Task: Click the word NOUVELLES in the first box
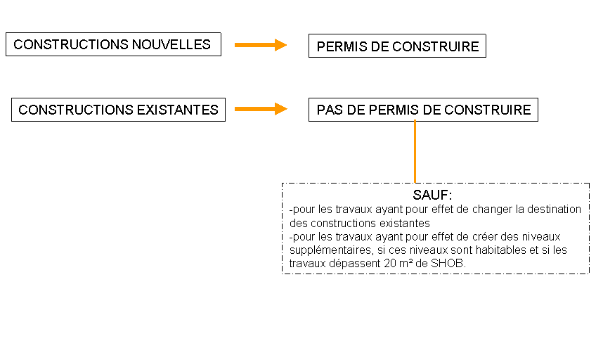pos(171,44)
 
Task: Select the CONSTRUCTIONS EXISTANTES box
pos(119,110)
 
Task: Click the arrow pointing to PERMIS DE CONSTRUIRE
pos(261,45)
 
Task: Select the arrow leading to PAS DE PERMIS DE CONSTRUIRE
pos(261,109)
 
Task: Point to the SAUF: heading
pos(432,195)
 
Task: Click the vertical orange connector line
pos(415,152)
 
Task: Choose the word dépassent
pos(355,264)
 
